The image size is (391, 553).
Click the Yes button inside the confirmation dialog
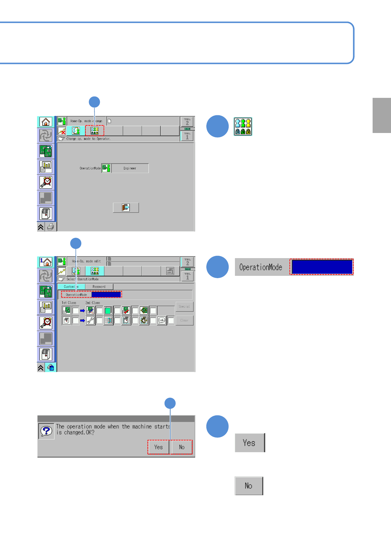(158, 447)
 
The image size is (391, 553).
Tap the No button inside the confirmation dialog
(182, 447)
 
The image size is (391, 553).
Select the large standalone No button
(249, 486)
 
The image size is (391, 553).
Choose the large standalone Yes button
(249, 443)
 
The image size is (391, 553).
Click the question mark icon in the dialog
(46, 431)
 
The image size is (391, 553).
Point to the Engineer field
(130, 168)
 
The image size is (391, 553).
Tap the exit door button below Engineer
(126, 208)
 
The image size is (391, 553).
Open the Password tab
(99, 287)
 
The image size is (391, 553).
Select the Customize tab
(71, 287)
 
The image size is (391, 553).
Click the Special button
(184, 306)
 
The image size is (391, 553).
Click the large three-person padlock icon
(243, 127)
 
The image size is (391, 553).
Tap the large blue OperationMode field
(322, 267)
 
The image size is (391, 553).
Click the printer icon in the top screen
(51, 227)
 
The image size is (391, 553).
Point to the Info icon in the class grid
(162, 320)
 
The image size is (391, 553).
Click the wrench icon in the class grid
(90, 320)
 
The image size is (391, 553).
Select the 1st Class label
(69, 303)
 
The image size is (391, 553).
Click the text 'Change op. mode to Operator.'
(88, 139)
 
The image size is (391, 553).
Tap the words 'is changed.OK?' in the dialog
(75, 433)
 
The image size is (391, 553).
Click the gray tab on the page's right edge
(381, 115)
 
